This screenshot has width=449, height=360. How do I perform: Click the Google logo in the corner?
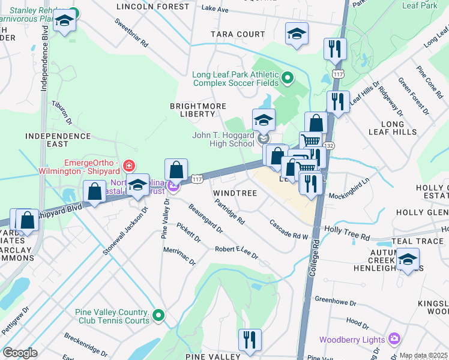tap(20, 353)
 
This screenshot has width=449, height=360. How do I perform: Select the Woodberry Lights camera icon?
tap(394, 340)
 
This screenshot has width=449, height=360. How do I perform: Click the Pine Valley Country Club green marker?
tap(158, 314)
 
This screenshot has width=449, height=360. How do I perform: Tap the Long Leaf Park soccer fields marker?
tap(287, 77)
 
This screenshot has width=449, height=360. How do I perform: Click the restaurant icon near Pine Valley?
tap(249, 339)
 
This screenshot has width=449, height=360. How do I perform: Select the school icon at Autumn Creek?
tap(408, 259)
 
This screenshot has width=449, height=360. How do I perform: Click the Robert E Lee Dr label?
tap(237, 251)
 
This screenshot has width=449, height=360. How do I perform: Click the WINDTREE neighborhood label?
tap(235, 193)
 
